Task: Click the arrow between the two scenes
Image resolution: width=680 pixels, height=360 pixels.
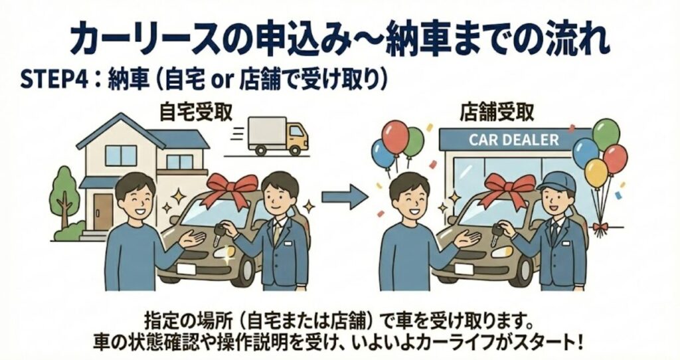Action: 345,196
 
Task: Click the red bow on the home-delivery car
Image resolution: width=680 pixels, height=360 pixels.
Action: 232,186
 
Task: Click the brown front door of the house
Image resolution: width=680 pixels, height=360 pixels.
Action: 103,211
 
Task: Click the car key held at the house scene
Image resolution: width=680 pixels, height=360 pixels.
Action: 219,232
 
